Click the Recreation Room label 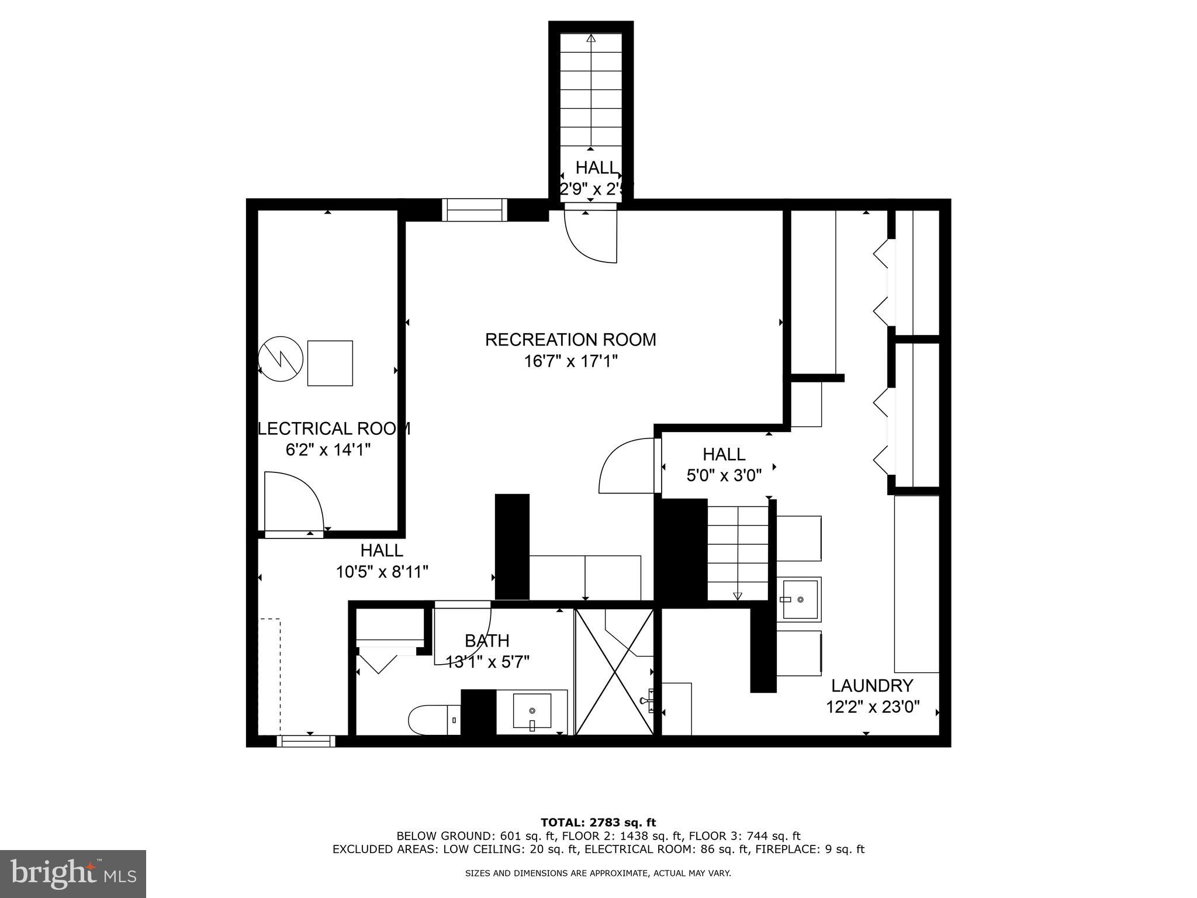pos(570,340)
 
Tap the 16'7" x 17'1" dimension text pos(570,361)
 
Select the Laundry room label pos(872,685)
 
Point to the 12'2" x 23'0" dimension pos(872,707)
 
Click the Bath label pos(487,641)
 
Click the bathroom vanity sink pos(532,712)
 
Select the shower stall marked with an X pos(614,672)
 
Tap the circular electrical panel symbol pos(281,359)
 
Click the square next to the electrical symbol pos(330,363)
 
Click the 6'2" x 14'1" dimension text pos(328,450)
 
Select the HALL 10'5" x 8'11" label pos(382,561)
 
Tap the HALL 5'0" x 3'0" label pos(724,465)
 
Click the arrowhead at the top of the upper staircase pos(591,39)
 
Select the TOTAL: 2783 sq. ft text pos(598,823)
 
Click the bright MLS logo pos(73,873)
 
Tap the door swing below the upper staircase pos(590,237)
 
